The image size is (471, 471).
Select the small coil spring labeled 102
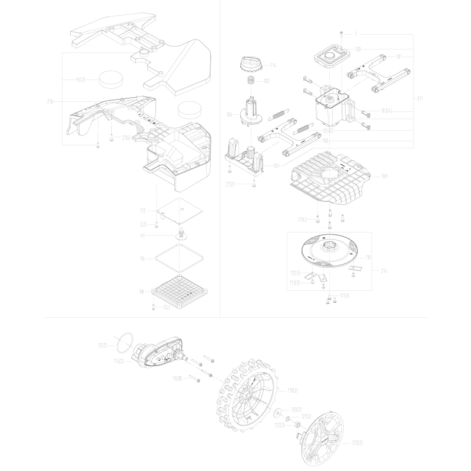[x=250, y=80]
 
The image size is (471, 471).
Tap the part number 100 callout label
[x=359, y=49]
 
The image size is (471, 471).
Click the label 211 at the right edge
[x=419, y=98]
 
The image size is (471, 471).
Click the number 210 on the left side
[x=50, y=101]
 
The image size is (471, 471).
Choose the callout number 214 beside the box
[x=385, y=270]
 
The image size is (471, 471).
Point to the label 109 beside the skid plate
[x=384, y=175]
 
